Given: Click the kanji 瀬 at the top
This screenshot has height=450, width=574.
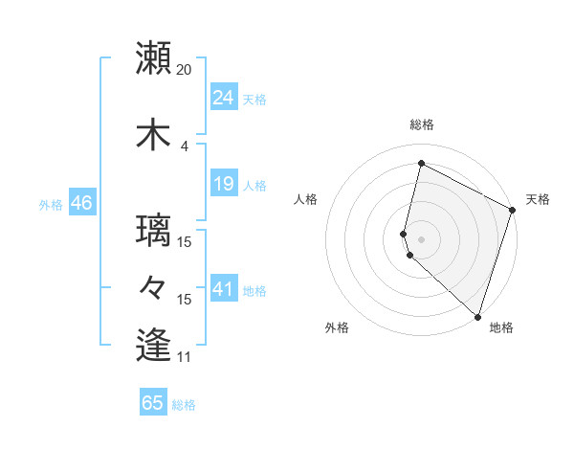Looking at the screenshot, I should pyautogui.click(x=154, y=59).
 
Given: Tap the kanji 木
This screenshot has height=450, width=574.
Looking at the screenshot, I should pyautogui.click(x=154, y=133).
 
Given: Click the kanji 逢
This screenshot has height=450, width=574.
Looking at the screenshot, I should pyautogui.click(x=154, y=345).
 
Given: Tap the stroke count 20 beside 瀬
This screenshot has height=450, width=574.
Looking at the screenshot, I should pyautogui.click(x=185, y=70).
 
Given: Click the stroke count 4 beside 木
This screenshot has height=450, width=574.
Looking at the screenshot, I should pyautogui.click(x=185, y=146).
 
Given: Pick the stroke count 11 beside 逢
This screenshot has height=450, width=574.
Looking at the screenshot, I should pyautogui.click(x=185, y=357).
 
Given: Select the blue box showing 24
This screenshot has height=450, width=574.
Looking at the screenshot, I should pyautogui.click(x=223, y=97).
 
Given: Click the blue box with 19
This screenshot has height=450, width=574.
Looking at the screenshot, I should pyautogui.click(x=223, y=183).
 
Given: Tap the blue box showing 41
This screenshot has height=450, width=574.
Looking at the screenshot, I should pyautogui.click(x=223, y=288).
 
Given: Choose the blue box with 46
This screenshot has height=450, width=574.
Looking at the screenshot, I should pyautogui.click(x=80, y=203).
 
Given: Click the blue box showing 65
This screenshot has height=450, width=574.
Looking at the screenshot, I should pyautogui.click(x=153, y=403).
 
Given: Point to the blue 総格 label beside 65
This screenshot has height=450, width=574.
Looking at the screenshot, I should pyautogui.click(x=184, y=405).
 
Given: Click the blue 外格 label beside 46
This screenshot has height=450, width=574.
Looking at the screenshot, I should pyautogui.click(x=51, y=205).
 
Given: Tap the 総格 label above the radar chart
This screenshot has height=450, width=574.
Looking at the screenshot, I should pyautogui.click(x=422, y=124).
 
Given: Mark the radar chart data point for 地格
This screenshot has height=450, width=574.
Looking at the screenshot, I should pyautogui.click(x=477, y=317).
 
